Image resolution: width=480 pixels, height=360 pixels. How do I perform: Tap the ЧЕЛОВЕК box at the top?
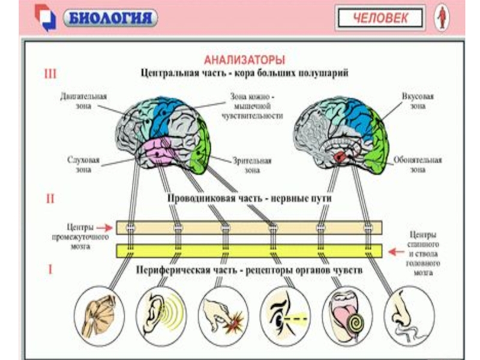point(380,17)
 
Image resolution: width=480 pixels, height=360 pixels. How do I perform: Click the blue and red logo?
point(44,17)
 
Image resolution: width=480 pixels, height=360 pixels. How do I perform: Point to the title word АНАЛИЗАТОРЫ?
point(244,60)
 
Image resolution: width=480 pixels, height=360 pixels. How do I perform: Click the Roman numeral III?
point(50,74)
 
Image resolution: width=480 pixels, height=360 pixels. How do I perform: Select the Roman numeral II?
point(50,196)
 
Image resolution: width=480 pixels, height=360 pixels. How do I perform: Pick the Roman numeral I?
point(50,269)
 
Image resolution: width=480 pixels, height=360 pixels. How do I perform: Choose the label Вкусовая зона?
point(418,100)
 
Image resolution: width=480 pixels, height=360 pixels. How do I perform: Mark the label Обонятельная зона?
point(418,165)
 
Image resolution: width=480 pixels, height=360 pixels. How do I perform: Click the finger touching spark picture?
point(223,313)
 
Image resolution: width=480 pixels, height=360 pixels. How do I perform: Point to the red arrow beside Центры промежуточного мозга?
point(104,227)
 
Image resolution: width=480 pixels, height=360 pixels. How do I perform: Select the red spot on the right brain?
point(340,157)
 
